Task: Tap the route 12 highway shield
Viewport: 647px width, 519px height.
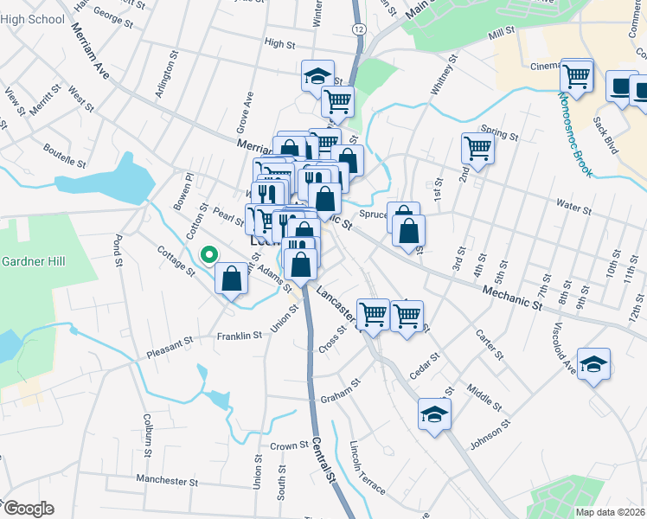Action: tap(358, 29)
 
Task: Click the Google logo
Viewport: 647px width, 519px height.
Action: tap(29, 509)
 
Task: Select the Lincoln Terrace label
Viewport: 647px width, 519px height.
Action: tap(367, 467)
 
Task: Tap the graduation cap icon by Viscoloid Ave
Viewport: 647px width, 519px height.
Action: tap(593, 363)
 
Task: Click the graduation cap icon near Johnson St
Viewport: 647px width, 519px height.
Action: tap(434, 413)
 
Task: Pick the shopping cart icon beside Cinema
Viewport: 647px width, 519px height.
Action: tap(576, 74)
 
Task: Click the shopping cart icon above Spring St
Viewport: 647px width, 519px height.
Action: tap(477, 148)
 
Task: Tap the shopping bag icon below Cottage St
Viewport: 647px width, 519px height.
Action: tap(231, 279)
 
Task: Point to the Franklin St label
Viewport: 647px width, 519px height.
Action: tap(240, 336)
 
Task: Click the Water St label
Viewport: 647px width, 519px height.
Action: tap(574, 208)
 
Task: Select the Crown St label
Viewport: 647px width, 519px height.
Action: tap(289, 446)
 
